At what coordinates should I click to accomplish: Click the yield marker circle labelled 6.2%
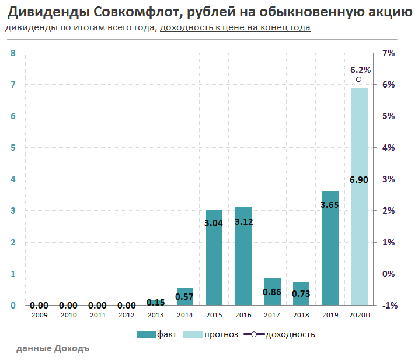pyautogui.click(x=358, y=79)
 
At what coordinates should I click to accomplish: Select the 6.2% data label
pyautogui.click(x=360, y=70)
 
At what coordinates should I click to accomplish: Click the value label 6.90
pyautogui.click(x=358, y=180)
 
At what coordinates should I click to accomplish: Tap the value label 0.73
pyautogui.click(x=301, y=293)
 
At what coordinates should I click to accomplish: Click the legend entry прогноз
pyautogui.click(x=212, y=334)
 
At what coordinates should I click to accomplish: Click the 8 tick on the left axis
pyautogui.click(x=13, y=53)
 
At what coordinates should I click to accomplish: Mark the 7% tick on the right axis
pyautogui.click(x=388, y=53)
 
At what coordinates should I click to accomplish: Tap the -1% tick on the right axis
pyautogui.click(x=389, y=305)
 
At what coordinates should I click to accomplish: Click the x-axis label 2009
pyautogui.click(x=39, y=316)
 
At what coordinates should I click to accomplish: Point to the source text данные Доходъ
pyautogui.click(x=53, y=349)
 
